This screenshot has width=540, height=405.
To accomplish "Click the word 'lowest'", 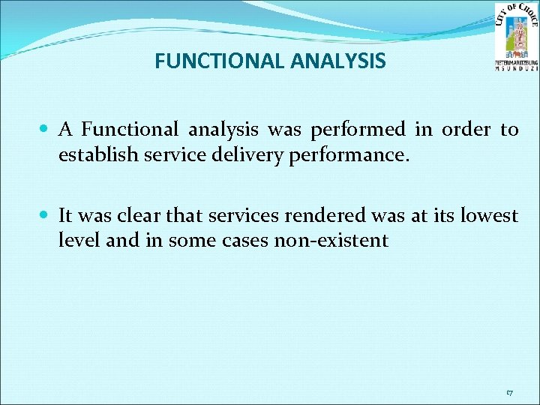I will [x=488, y=216].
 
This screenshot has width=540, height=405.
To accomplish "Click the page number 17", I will [x=509, y=392].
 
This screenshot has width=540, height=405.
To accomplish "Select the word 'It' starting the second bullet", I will [x=65, y=216].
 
